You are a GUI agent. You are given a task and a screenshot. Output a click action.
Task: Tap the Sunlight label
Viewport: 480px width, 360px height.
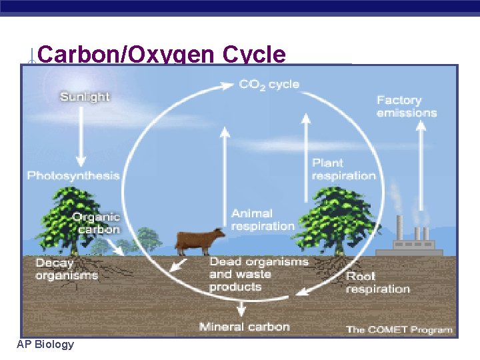[85, 97]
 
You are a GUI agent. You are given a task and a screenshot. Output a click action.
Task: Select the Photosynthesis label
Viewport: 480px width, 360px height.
[73, 176]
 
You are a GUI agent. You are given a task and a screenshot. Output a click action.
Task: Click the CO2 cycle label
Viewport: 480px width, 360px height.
[269, 85]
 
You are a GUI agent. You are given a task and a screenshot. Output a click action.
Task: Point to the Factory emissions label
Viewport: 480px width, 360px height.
[407, 106]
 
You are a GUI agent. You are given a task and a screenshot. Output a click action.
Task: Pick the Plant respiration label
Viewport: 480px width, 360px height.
[343, 169]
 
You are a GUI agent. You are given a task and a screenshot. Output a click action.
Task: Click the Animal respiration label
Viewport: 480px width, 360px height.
[263, 219]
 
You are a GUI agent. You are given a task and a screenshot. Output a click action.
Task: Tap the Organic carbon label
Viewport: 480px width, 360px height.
[96, 223]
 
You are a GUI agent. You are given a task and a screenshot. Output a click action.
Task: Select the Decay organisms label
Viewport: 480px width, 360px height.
[66, 269]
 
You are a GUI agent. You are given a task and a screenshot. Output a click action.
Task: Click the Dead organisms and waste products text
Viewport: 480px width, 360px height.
[259, 274]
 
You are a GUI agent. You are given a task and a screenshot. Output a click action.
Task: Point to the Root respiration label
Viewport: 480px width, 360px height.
[377, 283]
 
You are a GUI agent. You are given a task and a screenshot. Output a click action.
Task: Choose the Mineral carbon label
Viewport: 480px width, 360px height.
[244, 327]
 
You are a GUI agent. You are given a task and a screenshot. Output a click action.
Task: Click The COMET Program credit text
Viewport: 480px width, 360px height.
[399, 329]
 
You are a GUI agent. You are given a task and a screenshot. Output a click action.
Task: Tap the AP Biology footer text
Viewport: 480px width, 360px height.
[46, 345]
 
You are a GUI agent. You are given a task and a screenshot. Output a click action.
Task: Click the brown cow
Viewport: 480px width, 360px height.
[200, 240]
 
